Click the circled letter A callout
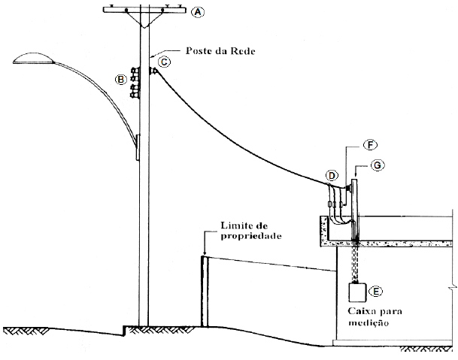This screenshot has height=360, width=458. click(x=198, y=12)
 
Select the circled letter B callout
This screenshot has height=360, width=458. click(x=120, y=78)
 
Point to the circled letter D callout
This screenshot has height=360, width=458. click(x=331, y=176)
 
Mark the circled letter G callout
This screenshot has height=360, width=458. click(x=378, y=165)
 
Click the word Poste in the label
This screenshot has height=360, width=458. click(x=191, y=54)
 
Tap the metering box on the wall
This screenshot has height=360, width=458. click(x=356, y=291)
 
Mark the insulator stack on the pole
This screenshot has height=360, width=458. click(x=135, y=82)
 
